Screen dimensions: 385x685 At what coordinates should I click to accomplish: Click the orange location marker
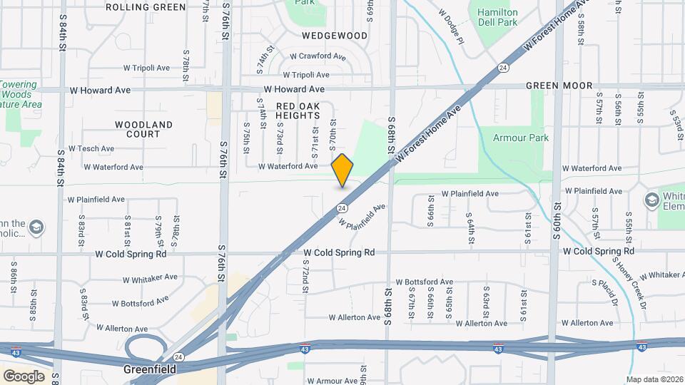click(x=342, y=170)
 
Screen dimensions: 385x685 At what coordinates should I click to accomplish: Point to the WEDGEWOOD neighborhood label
click(x=334, y=35)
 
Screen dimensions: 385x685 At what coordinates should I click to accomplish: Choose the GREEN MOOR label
click(x=559, y=86)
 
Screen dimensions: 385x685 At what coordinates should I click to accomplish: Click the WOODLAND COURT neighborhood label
click(x=143, y=129)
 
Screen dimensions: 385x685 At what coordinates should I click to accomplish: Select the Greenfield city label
click(x=150, y=369)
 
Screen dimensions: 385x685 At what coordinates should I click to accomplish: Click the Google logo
click(x=24, y=376)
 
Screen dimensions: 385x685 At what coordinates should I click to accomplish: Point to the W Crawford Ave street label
click(x=318, y=56)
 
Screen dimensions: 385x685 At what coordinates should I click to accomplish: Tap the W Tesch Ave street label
click(x=86, y=149)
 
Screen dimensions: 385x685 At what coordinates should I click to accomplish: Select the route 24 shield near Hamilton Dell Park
click(x=503, y=68)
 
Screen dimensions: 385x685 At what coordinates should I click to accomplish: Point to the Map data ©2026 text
click(x=654, y=379)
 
